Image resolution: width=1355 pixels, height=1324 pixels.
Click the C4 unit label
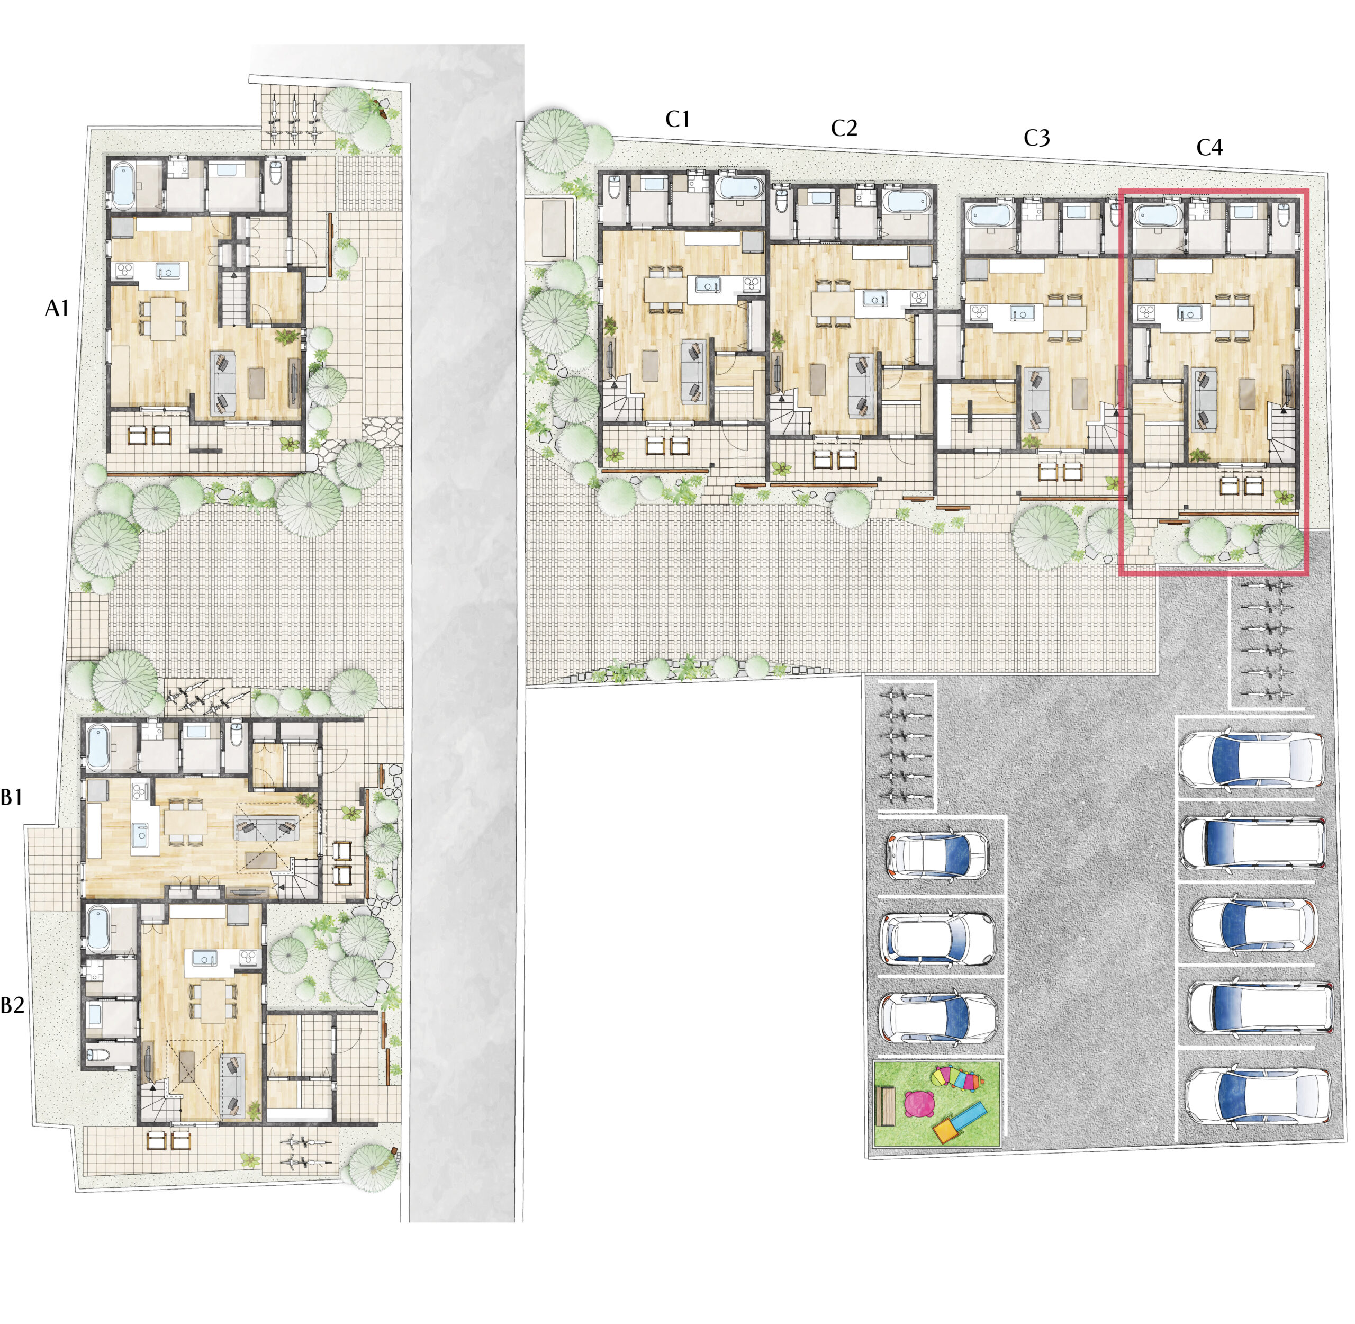[x=1209, y=147]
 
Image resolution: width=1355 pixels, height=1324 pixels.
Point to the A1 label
[x=57, y=308]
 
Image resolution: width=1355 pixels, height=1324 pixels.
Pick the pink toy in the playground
[x=920, y=1104]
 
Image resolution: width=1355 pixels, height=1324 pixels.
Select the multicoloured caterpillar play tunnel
[x=957, y=1078]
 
